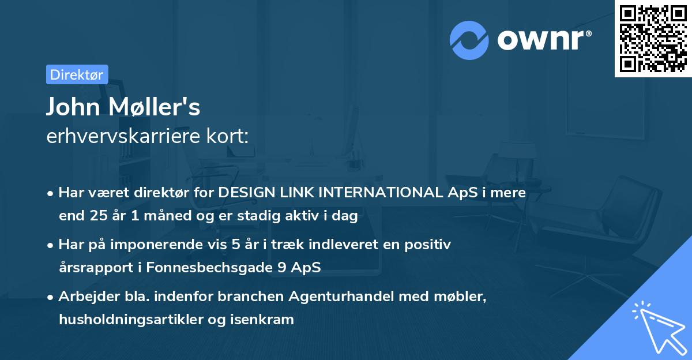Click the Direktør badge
point(77,74)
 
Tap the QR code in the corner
point(653,39)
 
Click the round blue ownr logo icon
point(469,40)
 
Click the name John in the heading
point(72,107)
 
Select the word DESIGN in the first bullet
point(244,193)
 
